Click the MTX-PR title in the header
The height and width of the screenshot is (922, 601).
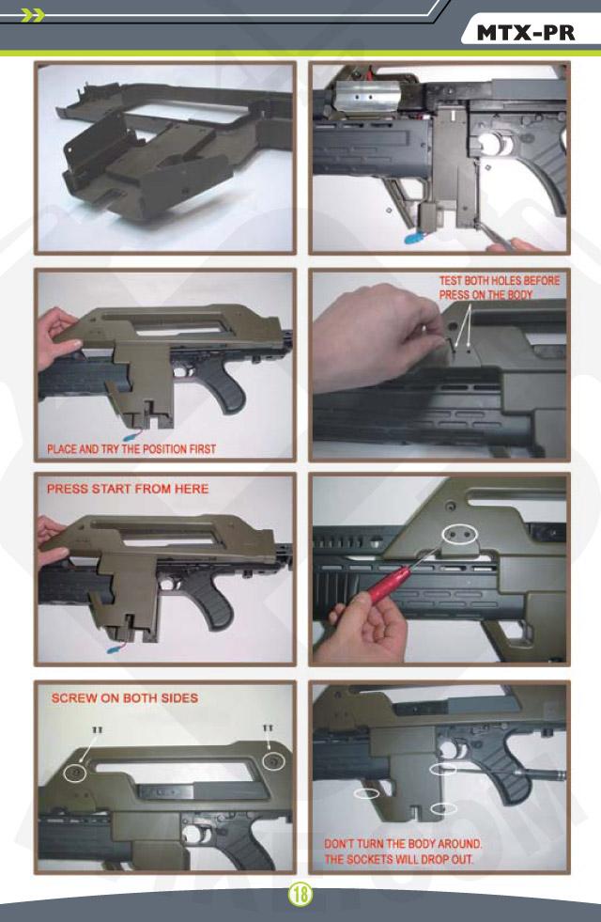pyautogui.click(x=525, y=33)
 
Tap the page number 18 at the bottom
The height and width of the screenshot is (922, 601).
pyautogui.click(x=300, y=895)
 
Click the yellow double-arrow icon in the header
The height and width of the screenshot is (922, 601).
pyautogui.click(x=32, y=15)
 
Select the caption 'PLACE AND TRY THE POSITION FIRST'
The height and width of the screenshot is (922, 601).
pyautogui.click(x=131, y=449)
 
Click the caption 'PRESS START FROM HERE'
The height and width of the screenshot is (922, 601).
pyautogui.click(x=128, y=489)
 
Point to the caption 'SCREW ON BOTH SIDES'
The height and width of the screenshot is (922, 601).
pyautogui.click(x=125, y=698)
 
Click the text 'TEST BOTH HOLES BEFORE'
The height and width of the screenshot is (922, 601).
pyautogui.click(x=500, y=280)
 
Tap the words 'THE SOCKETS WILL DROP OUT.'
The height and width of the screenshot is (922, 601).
pyautogui.click(x=399, y=859)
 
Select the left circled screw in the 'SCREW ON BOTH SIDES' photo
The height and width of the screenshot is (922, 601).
pyautogui.click(x=74, y=772)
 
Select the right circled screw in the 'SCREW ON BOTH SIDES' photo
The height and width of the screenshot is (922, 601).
pyautogui.click(x=272, y=761)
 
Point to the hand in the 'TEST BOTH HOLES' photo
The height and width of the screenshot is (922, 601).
pyautogui.click(x=376, y=336)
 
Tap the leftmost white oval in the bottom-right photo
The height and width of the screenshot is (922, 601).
pyautogui.click(x=366, y=793)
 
